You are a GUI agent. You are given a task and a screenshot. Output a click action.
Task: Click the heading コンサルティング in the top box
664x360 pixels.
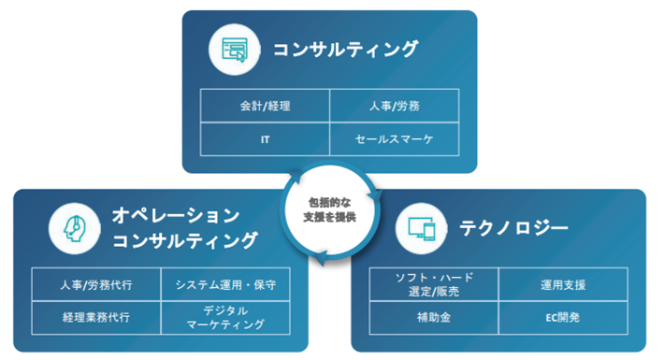coord(345,50)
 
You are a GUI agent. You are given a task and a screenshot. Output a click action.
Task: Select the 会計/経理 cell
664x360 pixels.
coord(265,107)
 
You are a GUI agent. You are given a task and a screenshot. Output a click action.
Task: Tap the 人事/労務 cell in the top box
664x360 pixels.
coord(394,107)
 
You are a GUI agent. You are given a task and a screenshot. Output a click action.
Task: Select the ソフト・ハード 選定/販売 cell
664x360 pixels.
coord(434,283)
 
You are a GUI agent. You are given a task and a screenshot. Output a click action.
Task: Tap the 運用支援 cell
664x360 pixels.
coord(561,283)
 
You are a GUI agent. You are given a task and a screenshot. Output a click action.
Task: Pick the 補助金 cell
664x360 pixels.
coord(434,316)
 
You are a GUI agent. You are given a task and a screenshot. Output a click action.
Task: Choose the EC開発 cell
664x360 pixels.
coord(561,316)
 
